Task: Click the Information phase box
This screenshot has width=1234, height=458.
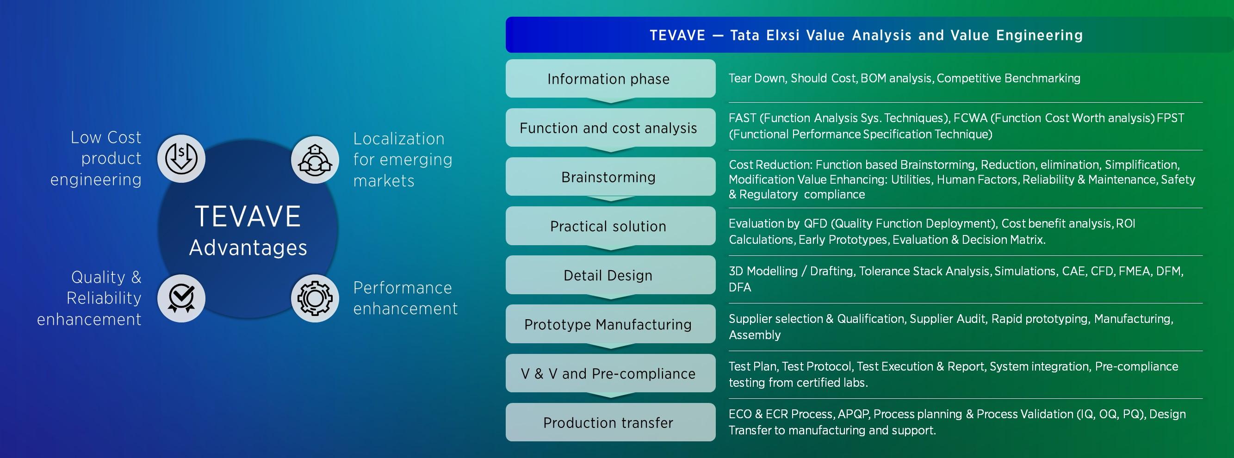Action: (610, 79)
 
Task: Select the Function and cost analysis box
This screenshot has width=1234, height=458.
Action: (610, 127)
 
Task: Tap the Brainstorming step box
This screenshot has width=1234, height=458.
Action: (610, 177)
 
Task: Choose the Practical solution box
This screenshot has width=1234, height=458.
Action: (610, 226)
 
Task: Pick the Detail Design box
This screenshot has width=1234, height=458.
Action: (610, 275)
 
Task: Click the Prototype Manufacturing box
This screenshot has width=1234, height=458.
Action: (610, 324)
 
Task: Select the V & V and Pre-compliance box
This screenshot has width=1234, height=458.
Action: (610, 373)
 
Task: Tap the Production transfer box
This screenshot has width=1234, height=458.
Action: (610, 422)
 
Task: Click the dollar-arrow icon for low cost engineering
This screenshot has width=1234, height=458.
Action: (181, 159)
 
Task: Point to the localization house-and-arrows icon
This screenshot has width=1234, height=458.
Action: (315, 160)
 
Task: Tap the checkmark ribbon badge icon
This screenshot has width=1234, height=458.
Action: (181, 298)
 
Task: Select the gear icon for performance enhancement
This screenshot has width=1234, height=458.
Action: (315, 298)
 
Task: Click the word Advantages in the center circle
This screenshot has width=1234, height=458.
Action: (248, 248)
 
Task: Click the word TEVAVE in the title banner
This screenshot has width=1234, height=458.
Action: (677, 36)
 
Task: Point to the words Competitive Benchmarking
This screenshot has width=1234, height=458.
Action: (1008, 78)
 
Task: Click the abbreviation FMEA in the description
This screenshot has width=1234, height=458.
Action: (1134, 271)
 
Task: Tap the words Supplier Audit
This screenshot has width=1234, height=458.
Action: (947, 319)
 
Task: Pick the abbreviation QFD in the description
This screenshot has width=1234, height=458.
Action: (815, 224)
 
